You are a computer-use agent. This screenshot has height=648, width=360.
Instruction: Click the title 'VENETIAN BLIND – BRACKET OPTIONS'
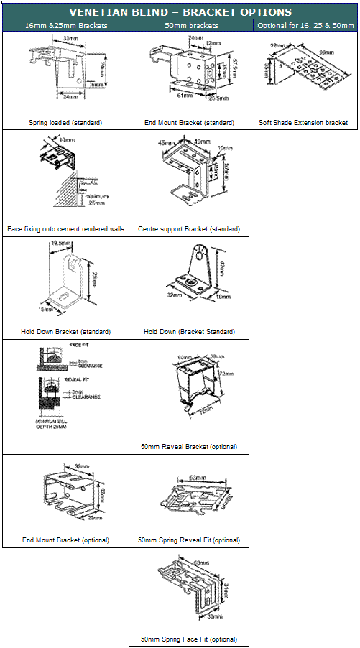point(180,12)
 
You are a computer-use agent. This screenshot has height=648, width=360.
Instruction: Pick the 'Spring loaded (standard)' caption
point(65,123)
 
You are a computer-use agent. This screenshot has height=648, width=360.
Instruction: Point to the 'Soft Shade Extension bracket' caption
point(303,123)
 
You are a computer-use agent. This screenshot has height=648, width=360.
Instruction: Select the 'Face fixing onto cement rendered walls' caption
point(65,229)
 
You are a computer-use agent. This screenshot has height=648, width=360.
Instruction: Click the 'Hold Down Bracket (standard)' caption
point(65,332)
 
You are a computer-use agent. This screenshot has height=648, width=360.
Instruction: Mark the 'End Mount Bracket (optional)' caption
point(65,540)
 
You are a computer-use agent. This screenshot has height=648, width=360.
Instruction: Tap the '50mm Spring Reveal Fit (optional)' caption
point(189,540)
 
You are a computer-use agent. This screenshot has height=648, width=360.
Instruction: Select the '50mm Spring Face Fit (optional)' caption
point(189,639)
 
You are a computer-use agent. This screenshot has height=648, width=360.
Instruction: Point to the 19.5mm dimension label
point(60,244)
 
